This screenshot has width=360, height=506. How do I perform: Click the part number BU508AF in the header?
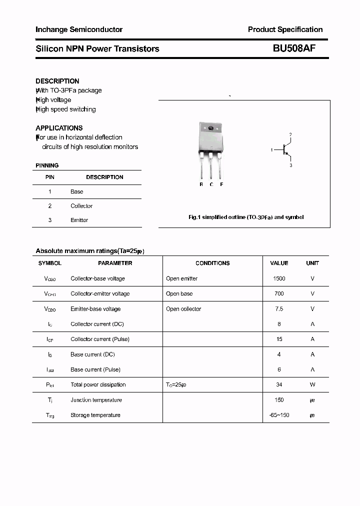(x=294, y=48)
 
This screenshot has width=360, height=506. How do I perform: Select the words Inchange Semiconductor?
(x=79, y=29)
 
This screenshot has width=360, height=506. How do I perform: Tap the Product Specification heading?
(x=285, y=29)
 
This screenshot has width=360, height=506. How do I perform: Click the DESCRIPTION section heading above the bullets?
(x=57, y=81)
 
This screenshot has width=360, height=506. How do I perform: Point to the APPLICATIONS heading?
(x=59, y=128)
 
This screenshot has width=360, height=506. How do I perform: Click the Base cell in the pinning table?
(x=77, y=191)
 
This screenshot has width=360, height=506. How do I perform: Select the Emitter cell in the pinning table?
(x=79, y=220)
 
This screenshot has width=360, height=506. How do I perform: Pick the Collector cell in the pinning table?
(x=81, y=206)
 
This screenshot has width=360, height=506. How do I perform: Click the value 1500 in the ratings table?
(x=279, y=278)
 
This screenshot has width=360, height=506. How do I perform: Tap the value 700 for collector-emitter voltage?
(x=279, y=293)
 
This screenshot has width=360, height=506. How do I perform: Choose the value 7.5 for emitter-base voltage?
(x=279, y=309)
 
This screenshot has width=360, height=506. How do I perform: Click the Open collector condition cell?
(x=183, y=309)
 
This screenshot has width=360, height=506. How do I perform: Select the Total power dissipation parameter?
(x=98, y=384)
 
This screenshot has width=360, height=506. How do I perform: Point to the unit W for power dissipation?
(x=312, y=384)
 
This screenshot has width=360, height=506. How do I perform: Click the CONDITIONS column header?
(x=212, y=263)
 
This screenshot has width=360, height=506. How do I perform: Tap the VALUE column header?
(x=279, y=263)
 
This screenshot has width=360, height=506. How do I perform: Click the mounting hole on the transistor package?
(x=210, y=128)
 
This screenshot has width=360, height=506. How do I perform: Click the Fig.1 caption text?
(x=246, y=217)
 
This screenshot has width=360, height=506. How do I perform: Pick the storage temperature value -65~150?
(x=279, y=415)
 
